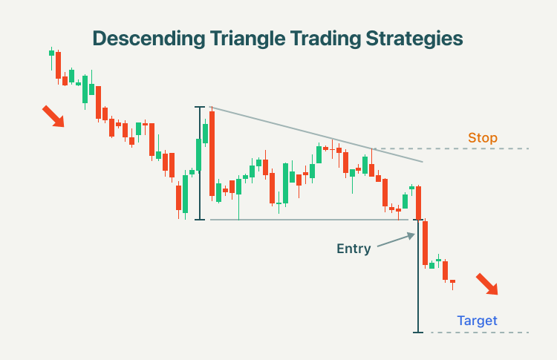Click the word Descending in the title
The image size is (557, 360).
point(149,39)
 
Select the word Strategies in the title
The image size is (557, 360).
point(414,39)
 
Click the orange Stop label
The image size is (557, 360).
point(483,138)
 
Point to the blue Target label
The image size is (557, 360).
point(477,321)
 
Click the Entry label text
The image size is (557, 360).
point(354,249)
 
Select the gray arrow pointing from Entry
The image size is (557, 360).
point(396,240)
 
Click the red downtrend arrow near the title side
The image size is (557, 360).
point(53,116)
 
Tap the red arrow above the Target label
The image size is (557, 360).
point(487,284)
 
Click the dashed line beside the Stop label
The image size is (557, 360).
point(451,148)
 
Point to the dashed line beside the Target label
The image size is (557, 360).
point(480,333)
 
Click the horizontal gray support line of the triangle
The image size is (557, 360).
point(309,220)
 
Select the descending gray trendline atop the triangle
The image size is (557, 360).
point(316,134)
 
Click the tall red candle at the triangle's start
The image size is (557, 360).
point(212,154)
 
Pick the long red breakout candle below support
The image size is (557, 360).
point(426,243)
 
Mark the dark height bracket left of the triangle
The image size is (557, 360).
point(200,163)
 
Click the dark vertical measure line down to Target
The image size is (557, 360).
point(418,276)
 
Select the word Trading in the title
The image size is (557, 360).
point(325,39)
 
